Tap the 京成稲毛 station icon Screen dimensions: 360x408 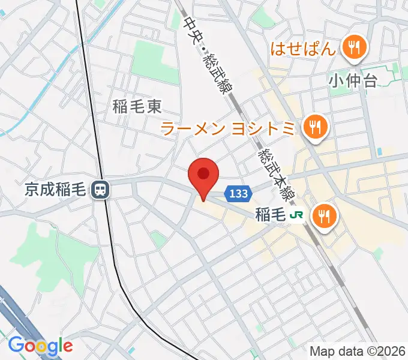[x=100, y=191]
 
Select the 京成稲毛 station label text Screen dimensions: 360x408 [x=58, y=191]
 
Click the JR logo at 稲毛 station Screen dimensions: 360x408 [x=296, y=214]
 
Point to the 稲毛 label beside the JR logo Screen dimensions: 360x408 [x=269, y=214]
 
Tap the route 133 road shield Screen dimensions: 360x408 [x=238, y=193]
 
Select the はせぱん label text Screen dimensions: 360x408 [x=301, y=49]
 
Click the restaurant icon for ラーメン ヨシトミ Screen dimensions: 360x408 [x=315, y=126]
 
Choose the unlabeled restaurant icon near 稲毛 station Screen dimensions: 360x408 [x=325, y=215]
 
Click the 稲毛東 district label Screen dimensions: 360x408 [x=137, y=107]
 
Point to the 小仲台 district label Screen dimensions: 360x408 [x=353, y=80]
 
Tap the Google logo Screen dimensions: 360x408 [x=40, y=346]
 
